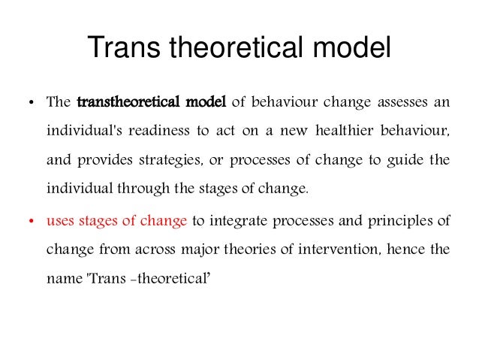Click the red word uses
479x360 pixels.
(x=59, y=221)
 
